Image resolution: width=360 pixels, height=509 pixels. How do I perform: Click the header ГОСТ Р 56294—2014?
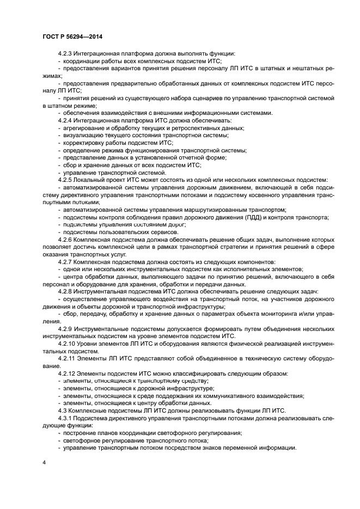coord(72,36)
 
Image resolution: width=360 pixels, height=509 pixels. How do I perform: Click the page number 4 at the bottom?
coord(43,463)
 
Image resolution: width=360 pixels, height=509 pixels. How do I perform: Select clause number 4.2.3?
coord(66,53)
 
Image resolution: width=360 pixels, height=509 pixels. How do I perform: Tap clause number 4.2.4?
coord(66,120)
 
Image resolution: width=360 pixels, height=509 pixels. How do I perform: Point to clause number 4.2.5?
coord(66,180)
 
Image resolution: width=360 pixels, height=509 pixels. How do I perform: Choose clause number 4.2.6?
coord(66,239)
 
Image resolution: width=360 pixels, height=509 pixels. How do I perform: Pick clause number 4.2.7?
coord(66,261)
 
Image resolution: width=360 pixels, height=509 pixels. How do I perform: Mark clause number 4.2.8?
coord(66,291)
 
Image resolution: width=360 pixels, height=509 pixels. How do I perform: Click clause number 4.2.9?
coord(66,328)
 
